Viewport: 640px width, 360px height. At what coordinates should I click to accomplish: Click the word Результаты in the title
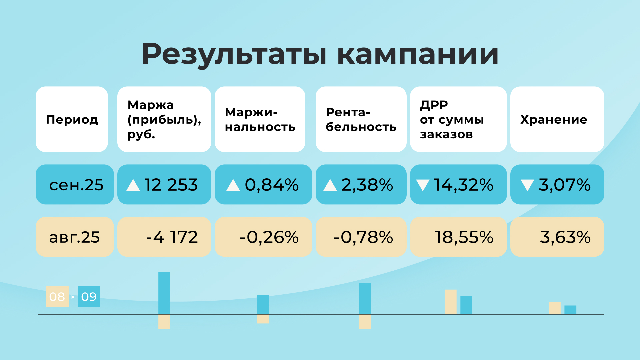click(234, 54)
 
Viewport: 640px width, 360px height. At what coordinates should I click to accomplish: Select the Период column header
click(72, 119)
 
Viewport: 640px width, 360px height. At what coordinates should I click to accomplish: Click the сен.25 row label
click(76, 185)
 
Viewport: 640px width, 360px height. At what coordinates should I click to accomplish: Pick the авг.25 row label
click(74, 237)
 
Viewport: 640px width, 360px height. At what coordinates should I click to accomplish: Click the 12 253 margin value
click(171, 185)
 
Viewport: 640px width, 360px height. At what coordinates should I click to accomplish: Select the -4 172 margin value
click(172, 237)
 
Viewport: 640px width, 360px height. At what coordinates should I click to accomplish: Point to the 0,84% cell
click(272, 185)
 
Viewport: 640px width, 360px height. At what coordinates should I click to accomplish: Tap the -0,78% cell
click(363, 237)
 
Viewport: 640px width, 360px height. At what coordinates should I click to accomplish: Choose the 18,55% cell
click(464, 237)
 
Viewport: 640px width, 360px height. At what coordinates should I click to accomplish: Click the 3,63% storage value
click(565, 237)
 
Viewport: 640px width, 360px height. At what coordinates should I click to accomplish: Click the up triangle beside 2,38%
click(330, 185)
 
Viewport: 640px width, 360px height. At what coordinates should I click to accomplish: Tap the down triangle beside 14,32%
click(423, 185)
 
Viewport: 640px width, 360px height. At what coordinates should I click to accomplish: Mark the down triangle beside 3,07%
click(527, 185)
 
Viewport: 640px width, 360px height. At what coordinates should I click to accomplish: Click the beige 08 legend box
click(57, 296)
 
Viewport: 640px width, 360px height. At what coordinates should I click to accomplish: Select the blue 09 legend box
click(89, 296)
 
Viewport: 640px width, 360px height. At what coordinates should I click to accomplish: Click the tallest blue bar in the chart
click(164, 293)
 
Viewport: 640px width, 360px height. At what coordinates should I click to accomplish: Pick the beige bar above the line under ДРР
click(450, 302)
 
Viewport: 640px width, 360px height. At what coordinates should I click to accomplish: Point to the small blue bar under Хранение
click(570, 310)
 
